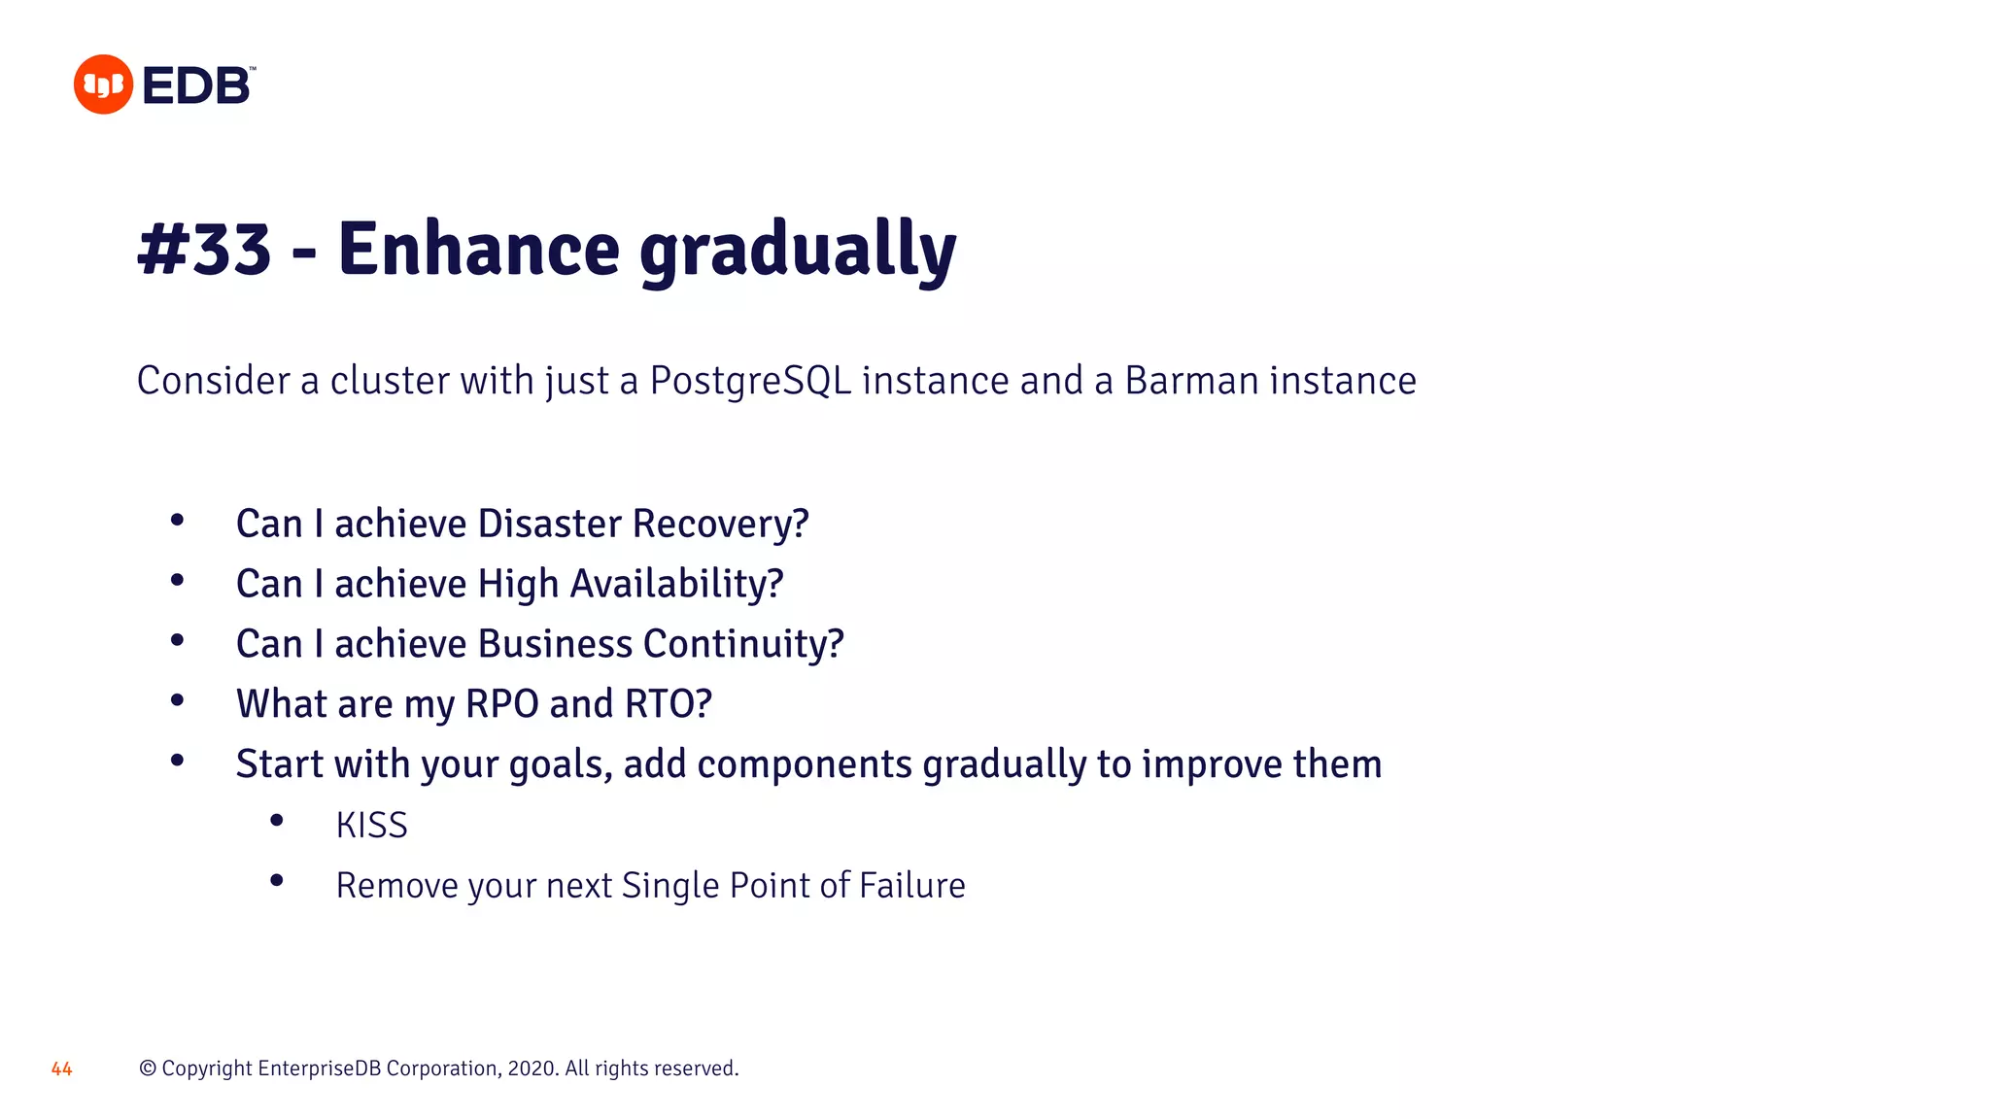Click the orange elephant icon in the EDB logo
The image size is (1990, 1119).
coord(103,85)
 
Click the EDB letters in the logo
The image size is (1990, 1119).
coord(197,85)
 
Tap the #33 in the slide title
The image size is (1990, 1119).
coord(205,249)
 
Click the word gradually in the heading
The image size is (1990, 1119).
coord(798,251)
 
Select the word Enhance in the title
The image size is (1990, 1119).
coord(478,249)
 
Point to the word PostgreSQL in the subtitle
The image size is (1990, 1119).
coord(750,381)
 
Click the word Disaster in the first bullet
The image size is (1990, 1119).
coord(549,524)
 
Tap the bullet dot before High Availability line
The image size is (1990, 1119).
coord(177,581)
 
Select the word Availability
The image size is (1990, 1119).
coord(676,584)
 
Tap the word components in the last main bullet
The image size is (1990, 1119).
coord(805,764)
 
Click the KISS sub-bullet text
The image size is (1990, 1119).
coord(371,826)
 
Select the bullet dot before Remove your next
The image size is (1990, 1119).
coord(277,881)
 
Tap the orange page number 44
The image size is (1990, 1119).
coord(61,1069)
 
